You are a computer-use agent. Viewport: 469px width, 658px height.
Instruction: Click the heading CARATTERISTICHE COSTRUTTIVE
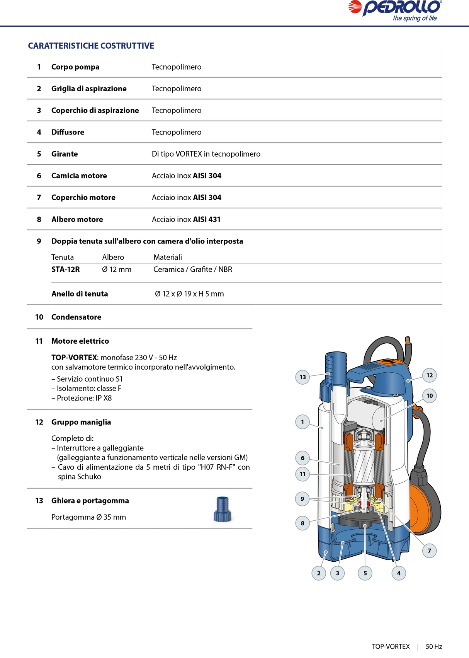coord(91,46)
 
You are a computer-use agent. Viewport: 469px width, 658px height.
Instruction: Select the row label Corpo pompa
coord(75,67)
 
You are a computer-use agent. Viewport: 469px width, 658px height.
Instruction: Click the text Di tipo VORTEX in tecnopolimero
coord(206,154)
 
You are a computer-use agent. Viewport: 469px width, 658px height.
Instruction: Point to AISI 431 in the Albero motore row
coord(207,219)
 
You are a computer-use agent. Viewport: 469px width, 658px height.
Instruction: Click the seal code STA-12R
coord(65,269)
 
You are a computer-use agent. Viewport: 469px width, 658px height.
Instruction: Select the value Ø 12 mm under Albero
coord(116,269)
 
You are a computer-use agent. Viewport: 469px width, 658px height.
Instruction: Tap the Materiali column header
coord(167,257)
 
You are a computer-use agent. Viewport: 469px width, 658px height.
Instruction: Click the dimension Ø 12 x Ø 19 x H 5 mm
coord(189,294)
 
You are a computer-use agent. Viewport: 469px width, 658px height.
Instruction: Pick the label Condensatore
coord(76,317)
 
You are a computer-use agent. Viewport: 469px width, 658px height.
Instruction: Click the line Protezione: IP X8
coord(82,398)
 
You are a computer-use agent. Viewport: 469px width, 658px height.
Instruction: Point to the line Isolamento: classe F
coord(86,389)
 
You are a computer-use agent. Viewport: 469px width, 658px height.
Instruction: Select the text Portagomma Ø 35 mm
coord(88,517)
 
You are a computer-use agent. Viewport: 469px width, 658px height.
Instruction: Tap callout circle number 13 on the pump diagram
coord(302,377)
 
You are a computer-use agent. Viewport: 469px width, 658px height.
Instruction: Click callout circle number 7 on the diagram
coord(429,551)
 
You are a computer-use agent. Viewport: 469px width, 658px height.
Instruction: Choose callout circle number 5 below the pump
coord(365,573)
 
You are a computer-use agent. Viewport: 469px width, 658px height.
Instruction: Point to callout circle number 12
coord(430,375)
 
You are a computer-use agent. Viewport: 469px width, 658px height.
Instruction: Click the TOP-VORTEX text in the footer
coord(391,646)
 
